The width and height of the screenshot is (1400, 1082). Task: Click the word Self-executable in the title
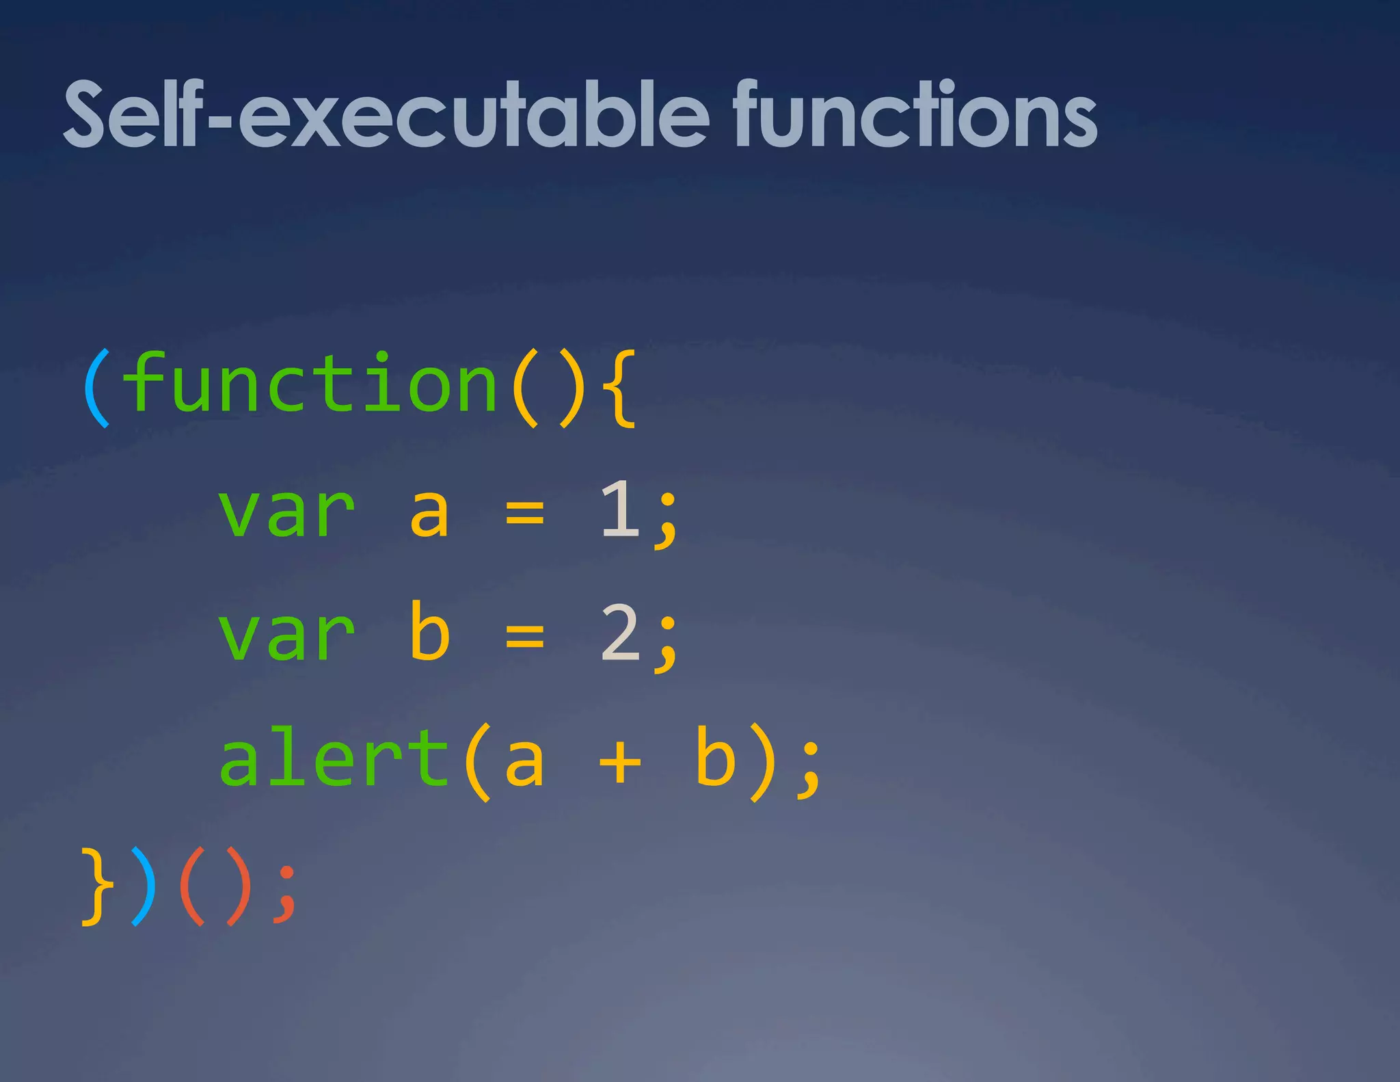(x=386, y=115)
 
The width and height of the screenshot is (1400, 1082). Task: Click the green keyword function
(x=311, y=384)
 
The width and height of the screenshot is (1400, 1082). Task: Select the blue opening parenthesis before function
(x=96, y=388)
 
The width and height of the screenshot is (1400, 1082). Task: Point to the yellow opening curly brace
(x=621, y=388)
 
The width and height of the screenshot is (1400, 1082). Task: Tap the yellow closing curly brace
(x=97, y=886)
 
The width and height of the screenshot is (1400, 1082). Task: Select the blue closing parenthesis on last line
(x=144, y=886)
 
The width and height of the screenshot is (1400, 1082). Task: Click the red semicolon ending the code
(x=285, y=895)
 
